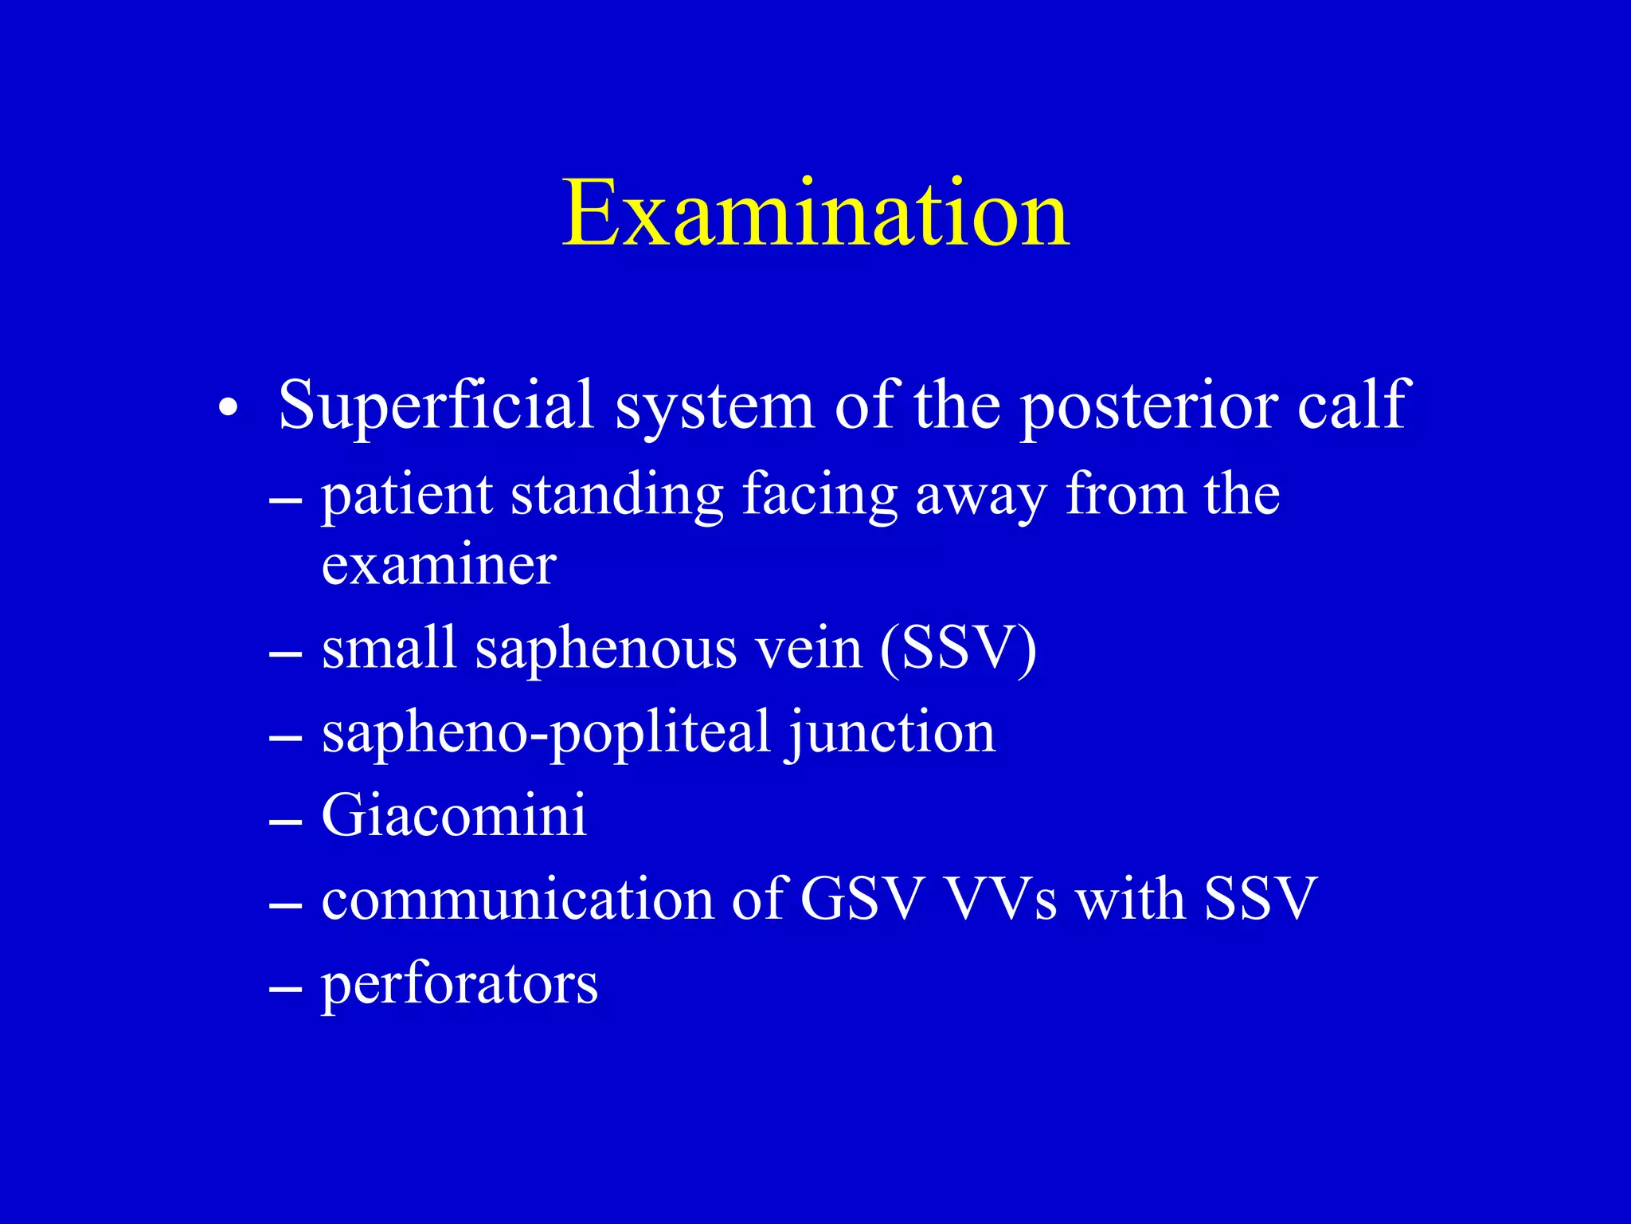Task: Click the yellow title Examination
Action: tap(815, 214)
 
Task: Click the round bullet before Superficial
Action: tap(228, 408)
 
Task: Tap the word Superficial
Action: tap(436, 405)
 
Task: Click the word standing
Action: tap(616, 496)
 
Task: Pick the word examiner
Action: tap(439, 565)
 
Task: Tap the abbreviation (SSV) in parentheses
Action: tap(958, 649)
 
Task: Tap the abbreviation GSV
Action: tap(862, 899)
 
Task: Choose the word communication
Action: tap(518, 899)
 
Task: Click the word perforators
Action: tap(460, 985)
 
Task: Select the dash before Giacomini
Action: tap(285, 821)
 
